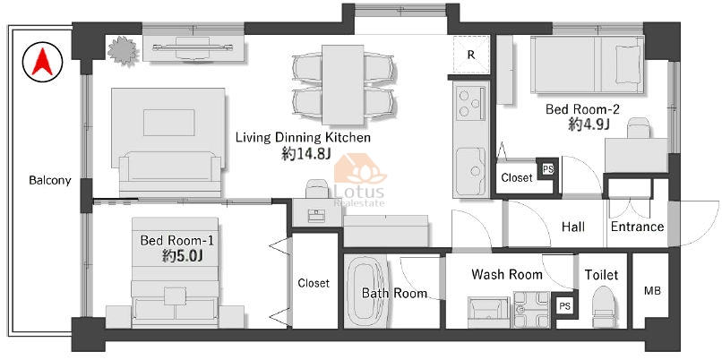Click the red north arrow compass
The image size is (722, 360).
coord(42,62)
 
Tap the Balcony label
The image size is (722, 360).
coord(50,180)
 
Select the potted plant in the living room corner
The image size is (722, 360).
coord(123,50)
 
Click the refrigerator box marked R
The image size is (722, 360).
coord(470,55)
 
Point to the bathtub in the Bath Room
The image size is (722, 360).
coord(364,291)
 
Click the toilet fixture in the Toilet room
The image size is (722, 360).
coord(603,306)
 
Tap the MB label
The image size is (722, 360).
coord(652,291)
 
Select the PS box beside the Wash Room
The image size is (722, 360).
coord(564,305)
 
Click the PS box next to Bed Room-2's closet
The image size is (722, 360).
coord(548,168)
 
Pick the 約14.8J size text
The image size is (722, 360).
coord(305,155)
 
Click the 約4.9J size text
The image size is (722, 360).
coord(589,124)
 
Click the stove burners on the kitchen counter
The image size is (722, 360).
coord(466,104)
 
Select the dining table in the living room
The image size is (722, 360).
coord(342,85)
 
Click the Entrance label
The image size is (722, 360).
coord(637,227)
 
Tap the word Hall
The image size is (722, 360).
coord(573,227)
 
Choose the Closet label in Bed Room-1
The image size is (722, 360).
coord(314,283)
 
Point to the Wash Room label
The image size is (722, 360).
coord(506,275)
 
